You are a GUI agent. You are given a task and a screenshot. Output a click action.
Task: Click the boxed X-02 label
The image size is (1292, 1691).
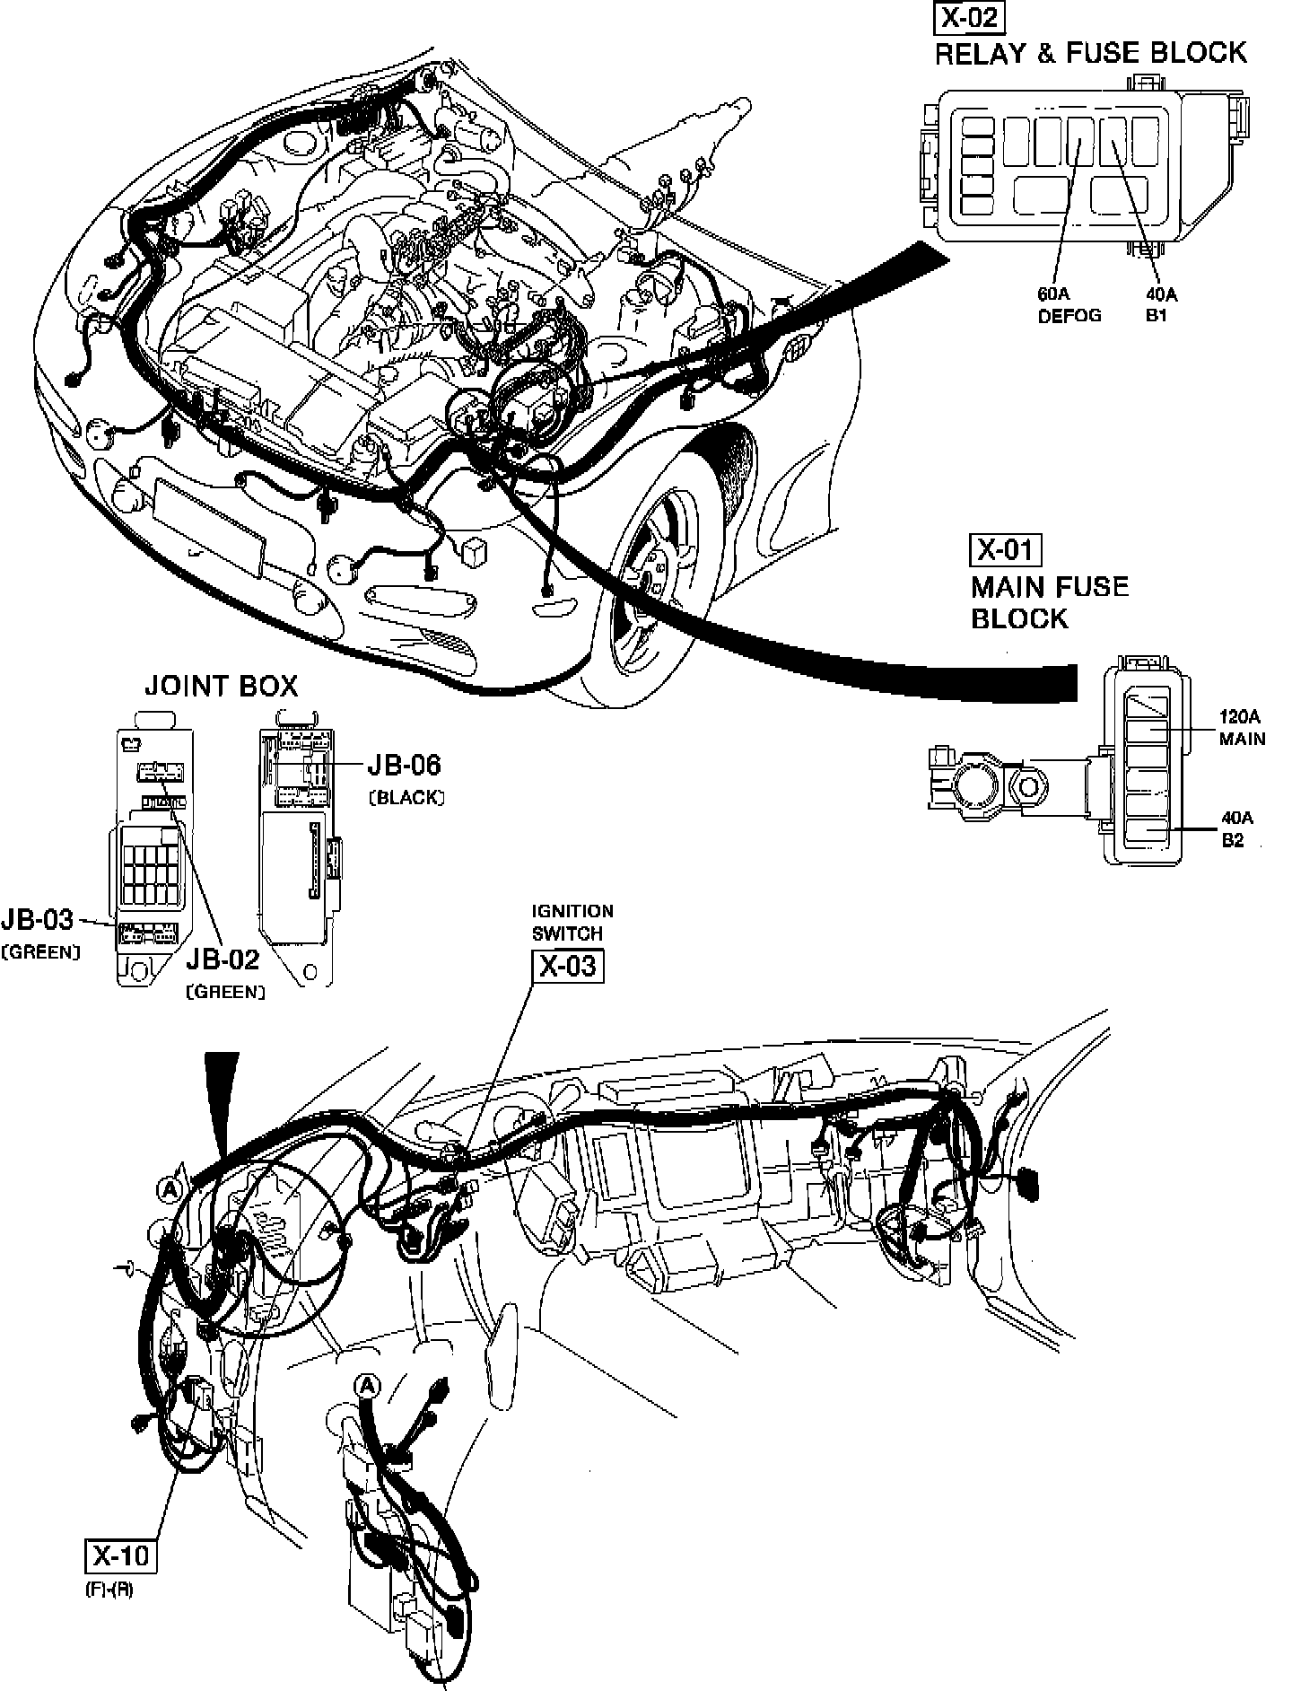[968, 17]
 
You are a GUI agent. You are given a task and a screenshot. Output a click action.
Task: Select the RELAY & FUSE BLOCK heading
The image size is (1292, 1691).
[1090, 53]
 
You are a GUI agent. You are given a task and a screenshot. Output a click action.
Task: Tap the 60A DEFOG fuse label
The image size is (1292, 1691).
[1069, 305]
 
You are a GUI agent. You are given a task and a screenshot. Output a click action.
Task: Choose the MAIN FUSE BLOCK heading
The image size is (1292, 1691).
[1049, 602]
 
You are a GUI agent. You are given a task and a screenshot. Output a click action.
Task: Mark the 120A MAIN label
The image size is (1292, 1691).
[1242, 728]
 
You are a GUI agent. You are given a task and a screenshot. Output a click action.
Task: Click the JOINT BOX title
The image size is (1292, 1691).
[221, 687]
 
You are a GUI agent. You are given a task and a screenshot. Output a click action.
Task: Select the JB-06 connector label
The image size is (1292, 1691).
[404, 765]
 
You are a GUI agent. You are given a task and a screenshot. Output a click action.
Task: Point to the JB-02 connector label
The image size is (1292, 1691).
[223, 959]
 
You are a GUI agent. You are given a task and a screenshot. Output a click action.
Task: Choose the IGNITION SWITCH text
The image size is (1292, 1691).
[572, 922]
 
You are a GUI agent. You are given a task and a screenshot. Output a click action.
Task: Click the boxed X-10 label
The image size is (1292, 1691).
[121, 1555]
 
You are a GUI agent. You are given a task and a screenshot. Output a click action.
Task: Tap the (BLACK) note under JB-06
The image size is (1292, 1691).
[406, 797]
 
